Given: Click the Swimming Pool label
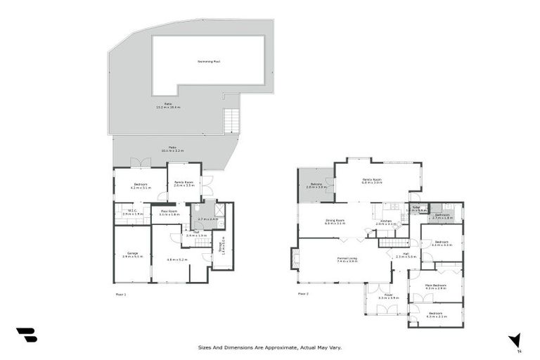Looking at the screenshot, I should click(208, 62).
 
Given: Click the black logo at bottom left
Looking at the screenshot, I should click(26, 335).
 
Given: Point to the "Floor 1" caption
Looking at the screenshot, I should click(120, 293).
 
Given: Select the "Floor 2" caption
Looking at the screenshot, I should click(303, 293).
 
